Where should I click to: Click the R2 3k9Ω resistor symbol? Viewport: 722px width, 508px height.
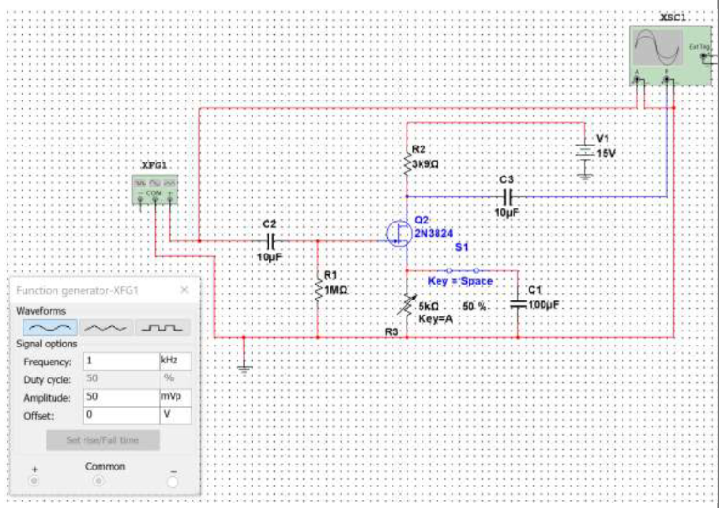(407, 163)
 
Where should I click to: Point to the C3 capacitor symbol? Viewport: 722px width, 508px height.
(507, 197)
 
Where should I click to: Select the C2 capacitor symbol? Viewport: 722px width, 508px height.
(269, 240)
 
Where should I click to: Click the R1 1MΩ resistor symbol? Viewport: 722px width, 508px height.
(318, 289)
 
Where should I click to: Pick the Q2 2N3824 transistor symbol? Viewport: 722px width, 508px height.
(399, 233)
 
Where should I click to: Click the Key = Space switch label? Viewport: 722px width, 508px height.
(460, 281)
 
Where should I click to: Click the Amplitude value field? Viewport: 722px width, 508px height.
(119, 397)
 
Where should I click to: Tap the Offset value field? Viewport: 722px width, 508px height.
(119, 415)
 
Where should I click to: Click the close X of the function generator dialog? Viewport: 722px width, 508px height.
(184, 291)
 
